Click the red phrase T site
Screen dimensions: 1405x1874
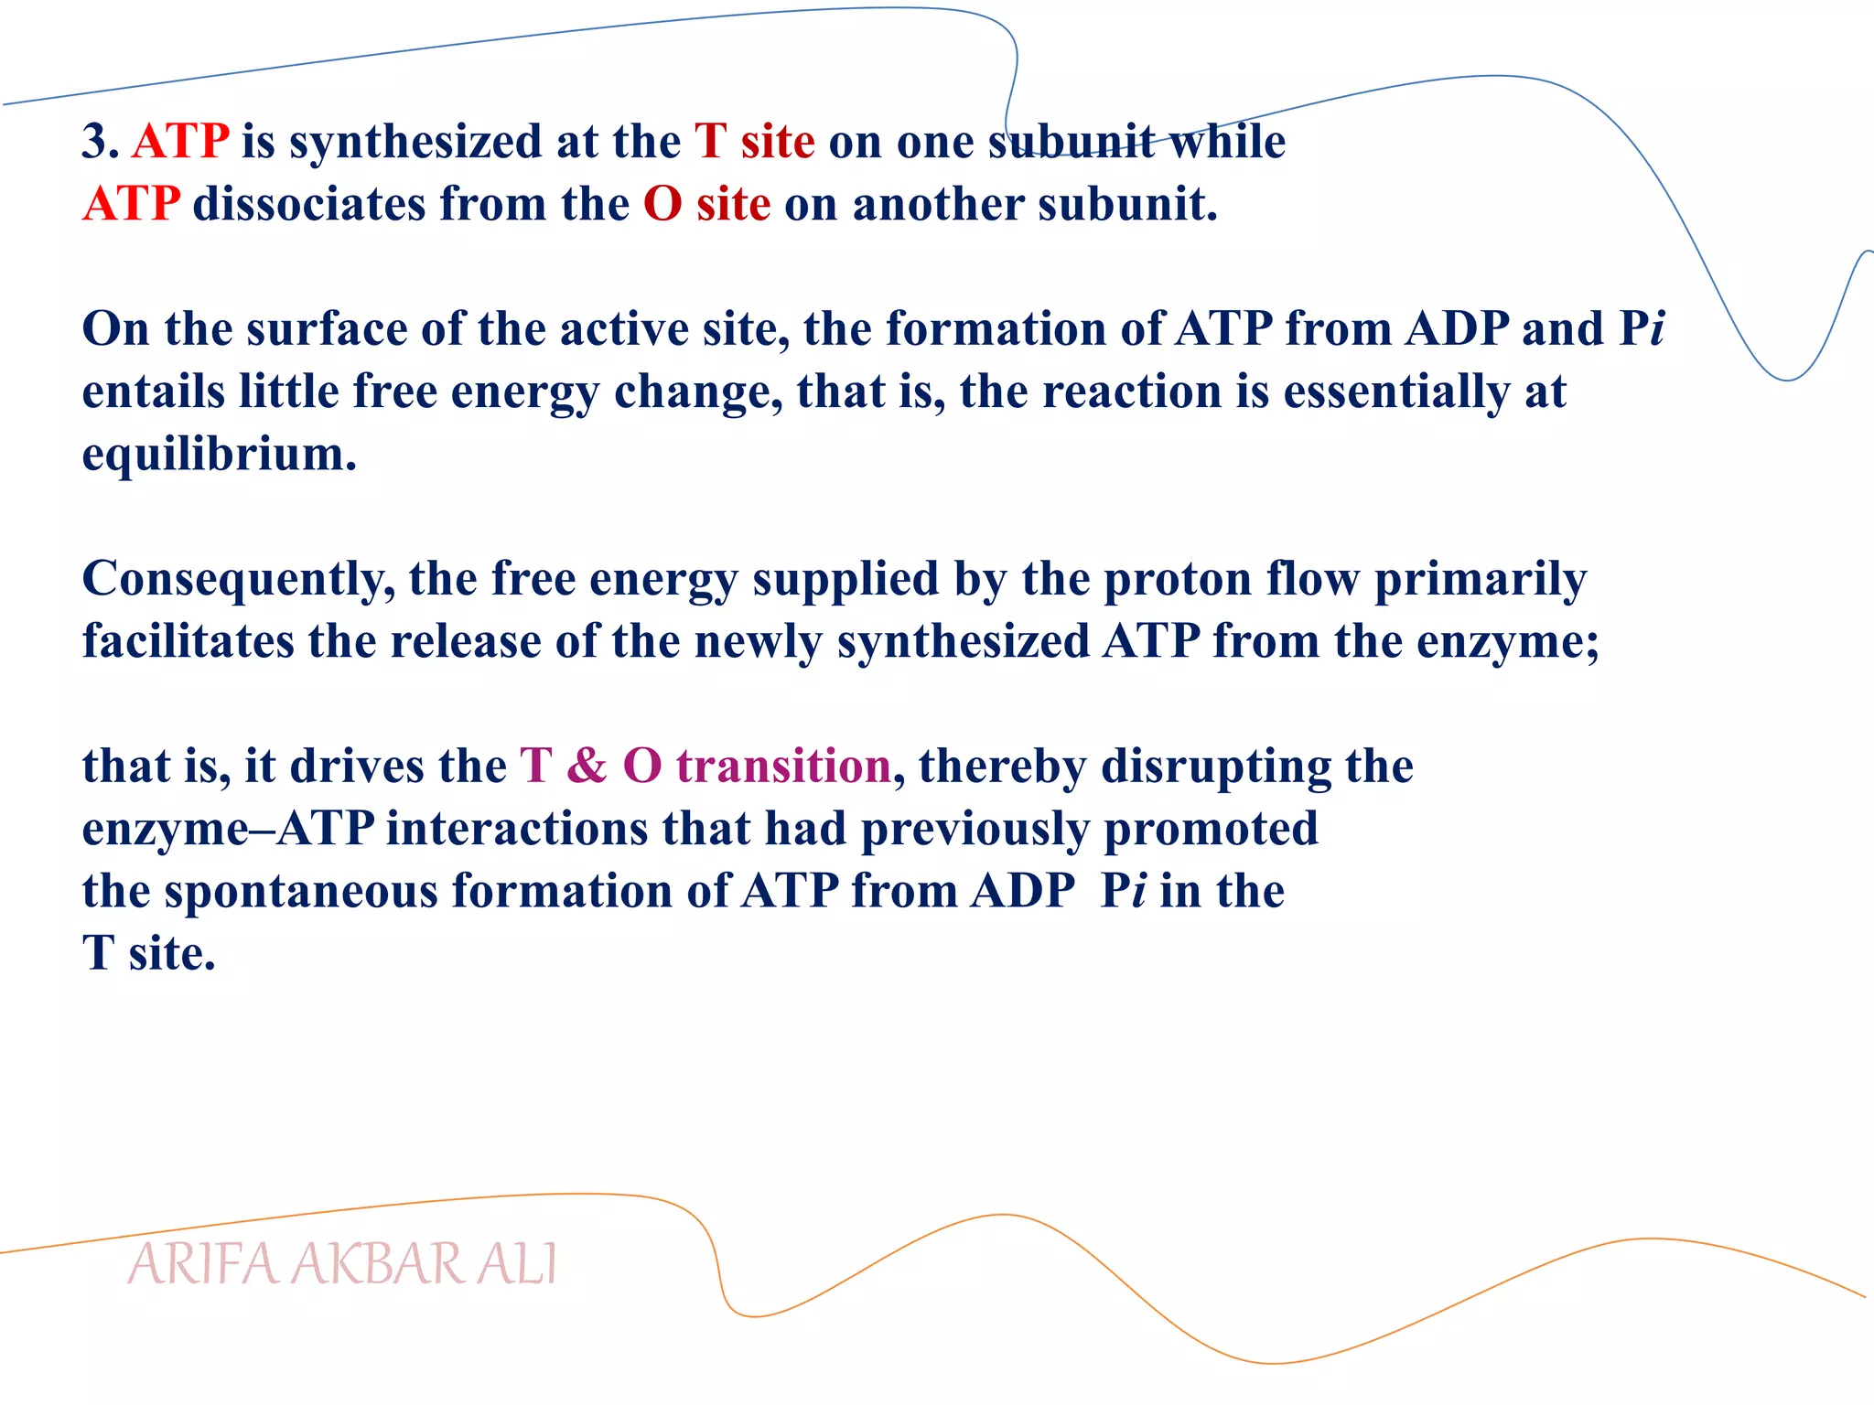pyautogui.click(x=754, y=142)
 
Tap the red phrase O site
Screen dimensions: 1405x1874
pyautogui.click(x=706, y=204)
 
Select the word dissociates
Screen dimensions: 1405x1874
pyautogui.click(x=309, y=204)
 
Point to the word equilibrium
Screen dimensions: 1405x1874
pyautogui.click(x=218, y=455)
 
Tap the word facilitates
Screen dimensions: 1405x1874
pyautogui.click(x=188, y=641)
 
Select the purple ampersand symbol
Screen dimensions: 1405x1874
pyautogui.click(x=587, y=766)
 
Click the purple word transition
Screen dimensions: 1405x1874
pyautogui.click(x=783, y=766)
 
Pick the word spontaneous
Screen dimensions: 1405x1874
pyautogui.click(x=301, y=892)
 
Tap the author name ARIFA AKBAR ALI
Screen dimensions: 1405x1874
pyautogui.click(x=341, y=1265)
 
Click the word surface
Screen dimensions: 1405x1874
pyautogui.click(x=327, y=329)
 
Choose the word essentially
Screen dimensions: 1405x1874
pyautogui.click(x=1396, y=392)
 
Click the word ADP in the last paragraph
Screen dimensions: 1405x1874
pyautogui.click(x=1023, y=891)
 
